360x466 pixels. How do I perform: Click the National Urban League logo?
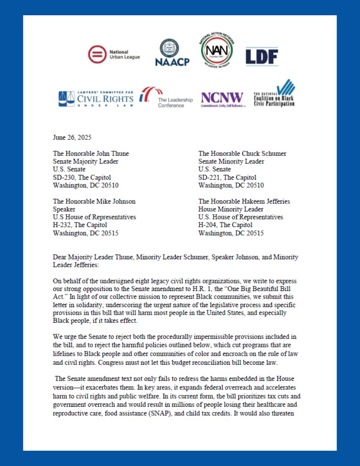tap(114, 55)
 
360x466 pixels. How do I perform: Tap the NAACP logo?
tap(172, 53)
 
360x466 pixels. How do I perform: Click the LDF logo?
tap(262, 56)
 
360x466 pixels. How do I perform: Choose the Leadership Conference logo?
tap(166, 97)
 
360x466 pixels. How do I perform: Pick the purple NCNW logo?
tap(223, 99)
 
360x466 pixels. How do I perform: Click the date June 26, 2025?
tap(72, 137)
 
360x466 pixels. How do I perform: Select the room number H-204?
tap(208, 225)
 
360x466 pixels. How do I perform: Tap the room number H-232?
tap(62, 225)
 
